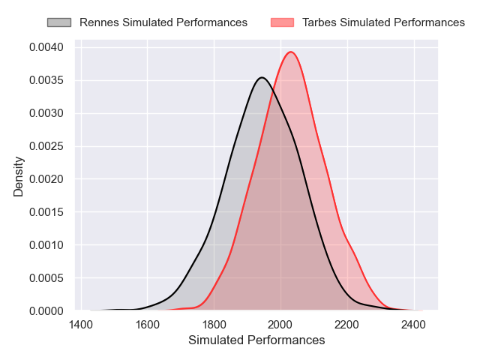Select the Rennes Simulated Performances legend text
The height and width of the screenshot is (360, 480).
pos(163,22)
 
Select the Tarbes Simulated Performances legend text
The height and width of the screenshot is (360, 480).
pos(383,22)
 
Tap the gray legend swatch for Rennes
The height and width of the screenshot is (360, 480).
pos(59,22)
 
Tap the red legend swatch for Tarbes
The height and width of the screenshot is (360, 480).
pos(283,22)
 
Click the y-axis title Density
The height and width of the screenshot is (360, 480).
pos(19,176)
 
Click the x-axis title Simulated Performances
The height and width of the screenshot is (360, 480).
pos(256,340)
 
